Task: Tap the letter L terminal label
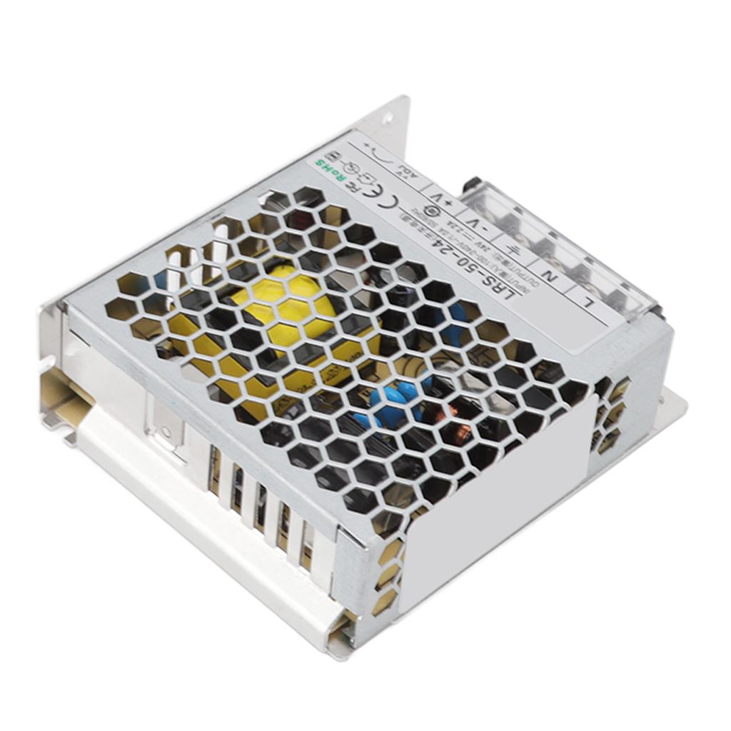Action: click(588, 304)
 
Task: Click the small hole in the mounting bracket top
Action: click(388, 118)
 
